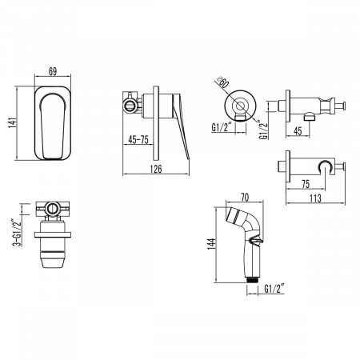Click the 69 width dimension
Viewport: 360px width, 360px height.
coord(53,71)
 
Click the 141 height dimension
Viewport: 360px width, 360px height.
coord(12,122)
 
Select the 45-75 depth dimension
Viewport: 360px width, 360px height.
coord(138,140)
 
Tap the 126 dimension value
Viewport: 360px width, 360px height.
coord(156,169)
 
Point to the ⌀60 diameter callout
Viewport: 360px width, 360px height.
coord(223,82)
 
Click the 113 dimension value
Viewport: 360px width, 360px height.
coord(315,198)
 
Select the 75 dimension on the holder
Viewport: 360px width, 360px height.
coord(306,184)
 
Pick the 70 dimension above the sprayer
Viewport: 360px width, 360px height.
coord(245,198)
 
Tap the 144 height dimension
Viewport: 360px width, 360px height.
coord(210,244)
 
